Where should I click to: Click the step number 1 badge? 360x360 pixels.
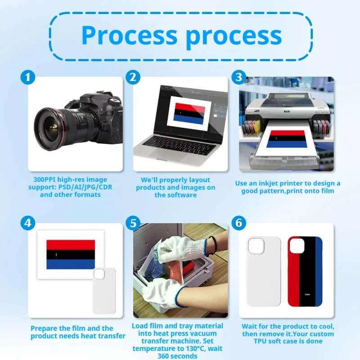click(x=28, y=77)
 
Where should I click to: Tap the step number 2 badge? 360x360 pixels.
click(x=132, y=77)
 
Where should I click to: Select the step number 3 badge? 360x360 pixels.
click(x=238, y=77)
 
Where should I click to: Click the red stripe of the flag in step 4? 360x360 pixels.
click(x=71, y=245)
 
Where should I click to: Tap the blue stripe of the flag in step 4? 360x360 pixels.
click(x=71, y=264)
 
